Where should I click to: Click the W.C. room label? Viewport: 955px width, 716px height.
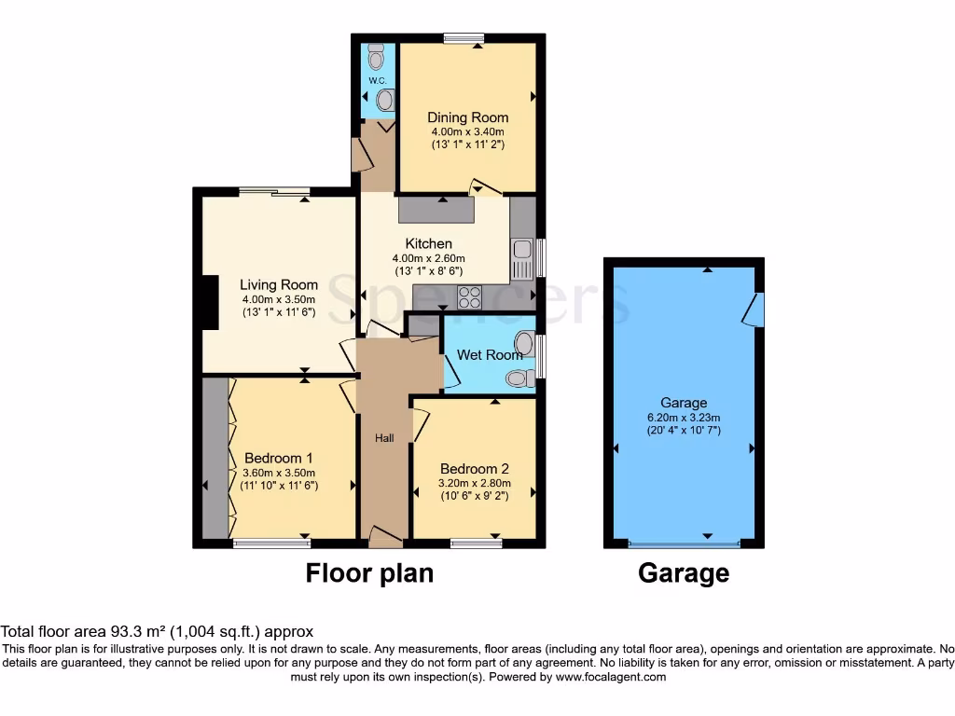point(377,81)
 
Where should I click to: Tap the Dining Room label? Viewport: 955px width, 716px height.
point(468,117)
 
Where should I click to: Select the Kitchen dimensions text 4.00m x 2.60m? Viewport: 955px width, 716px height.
point(428,258)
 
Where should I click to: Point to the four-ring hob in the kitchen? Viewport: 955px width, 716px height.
point(469,296)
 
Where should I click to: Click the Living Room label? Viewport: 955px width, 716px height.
point(279,285)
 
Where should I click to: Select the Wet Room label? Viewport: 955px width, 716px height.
point(490,355)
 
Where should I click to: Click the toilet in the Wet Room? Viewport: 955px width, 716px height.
point(519,379)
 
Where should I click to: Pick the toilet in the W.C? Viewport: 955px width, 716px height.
point(376,59)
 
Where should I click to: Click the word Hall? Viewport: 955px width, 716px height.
point(384,438)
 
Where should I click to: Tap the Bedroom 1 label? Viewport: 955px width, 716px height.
point(278,459)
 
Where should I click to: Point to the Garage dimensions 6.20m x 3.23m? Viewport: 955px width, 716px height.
point(684,418)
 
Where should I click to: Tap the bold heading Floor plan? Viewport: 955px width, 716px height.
point(369,572)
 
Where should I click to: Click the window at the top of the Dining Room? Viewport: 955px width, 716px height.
point(463,38)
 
